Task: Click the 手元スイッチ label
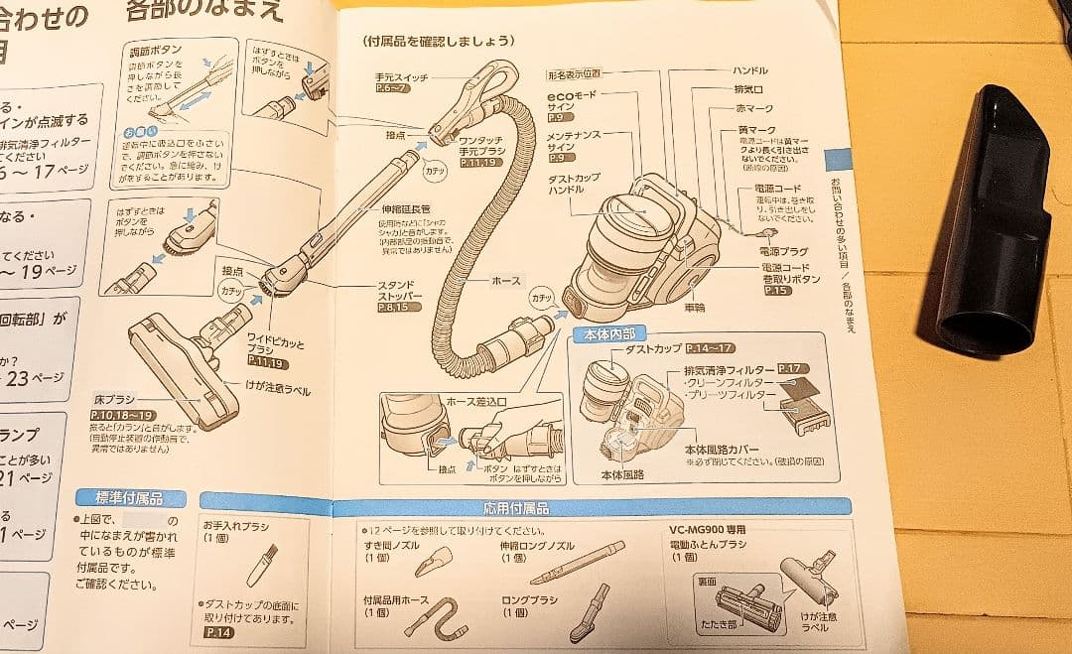point(399,75)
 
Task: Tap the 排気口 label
point(748,89)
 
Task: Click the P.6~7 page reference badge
point(392,88)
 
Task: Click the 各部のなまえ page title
point(203,11)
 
